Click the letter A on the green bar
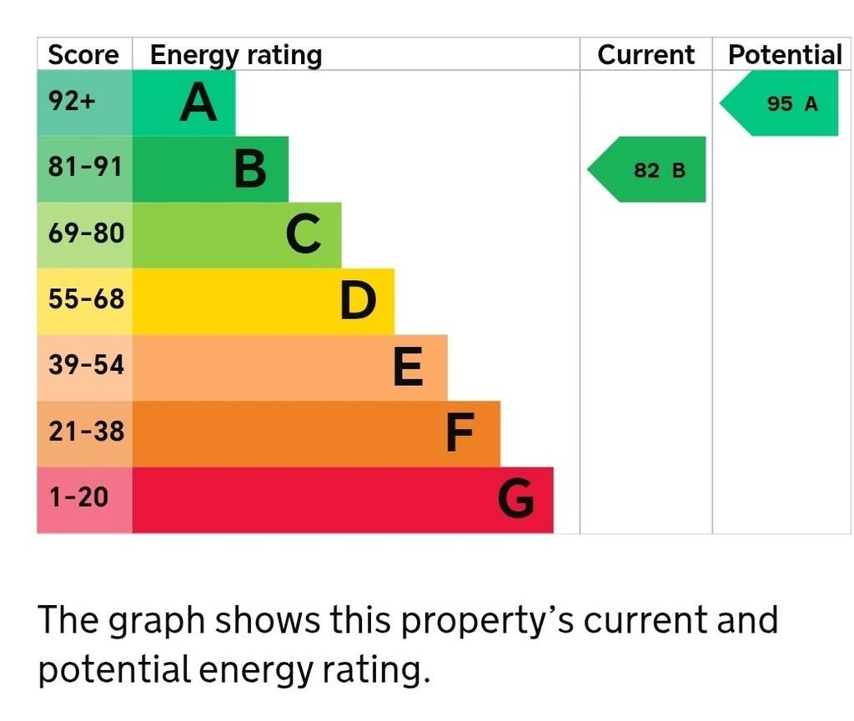coord(198,103)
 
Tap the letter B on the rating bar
coord(250,169)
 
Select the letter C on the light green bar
coord(303,234)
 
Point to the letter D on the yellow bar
coord(358,301)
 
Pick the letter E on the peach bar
coord(408,368)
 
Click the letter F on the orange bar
coord(460,433)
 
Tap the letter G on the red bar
coord(516,500)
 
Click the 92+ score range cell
coord(73,102)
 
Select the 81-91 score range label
coord(85,168)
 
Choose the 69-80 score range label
coord(85,233)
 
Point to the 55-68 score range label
coord(85,299)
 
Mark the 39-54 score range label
coord(85,366)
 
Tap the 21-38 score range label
coord(85,432)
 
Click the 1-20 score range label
coord(78,498)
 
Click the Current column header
coord(646,55)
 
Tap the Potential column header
coord(785,55)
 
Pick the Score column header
coord(83,55)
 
